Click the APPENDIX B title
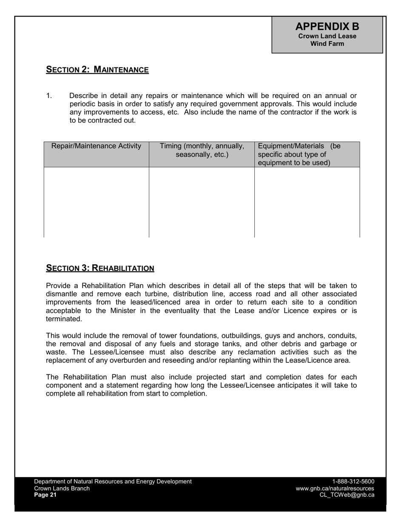(327, 26)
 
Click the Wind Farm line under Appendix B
(327, 44)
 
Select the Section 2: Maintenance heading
(97, 70)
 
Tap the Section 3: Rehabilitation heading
(100, 268)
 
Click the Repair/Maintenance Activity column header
(96, 146)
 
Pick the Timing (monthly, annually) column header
(202, 150)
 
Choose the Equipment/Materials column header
(299, 154)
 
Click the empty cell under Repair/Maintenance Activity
(96, 202)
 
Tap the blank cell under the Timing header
(202, 202)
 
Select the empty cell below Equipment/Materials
(307, 202)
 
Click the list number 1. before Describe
(49, 96)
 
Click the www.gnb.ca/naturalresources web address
(335, 488)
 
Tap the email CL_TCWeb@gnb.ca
(347, 495)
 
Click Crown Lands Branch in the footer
(62, 488)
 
